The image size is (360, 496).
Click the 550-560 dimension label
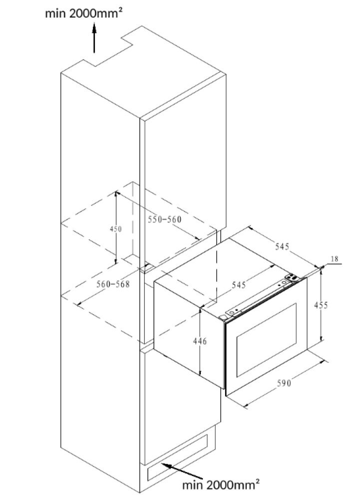164,219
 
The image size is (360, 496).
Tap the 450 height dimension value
115,229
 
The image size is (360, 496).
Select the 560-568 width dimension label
113,284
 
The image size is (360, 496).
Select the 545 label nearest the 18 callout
282,246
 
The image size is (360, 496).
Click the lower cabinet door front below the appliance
180,394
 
